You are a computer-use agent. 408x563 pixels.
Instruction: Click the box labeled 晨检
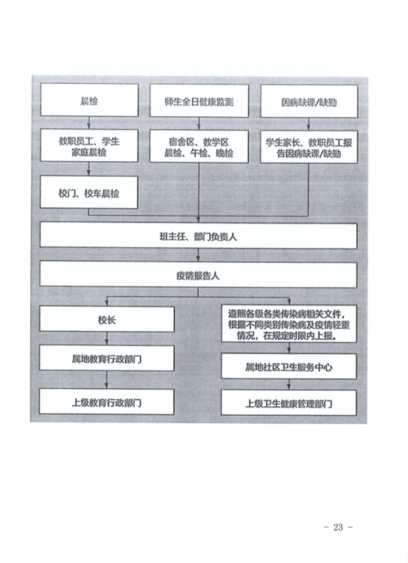coord(89,100)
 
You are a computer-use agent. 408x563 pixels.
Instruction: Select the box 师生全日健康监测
coord(199,101)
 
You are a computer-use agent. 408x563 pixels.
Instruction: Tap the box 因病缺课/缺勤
coord(309,102)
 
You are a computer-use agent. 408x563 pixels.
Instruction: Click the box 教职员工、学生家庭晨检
coord(89,146)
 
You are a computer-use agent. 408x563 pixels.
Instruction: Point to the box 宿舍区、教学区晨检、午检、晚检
coord(199,146)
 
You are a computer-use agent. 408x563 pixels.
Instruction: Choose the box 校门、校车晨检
coord(88,192)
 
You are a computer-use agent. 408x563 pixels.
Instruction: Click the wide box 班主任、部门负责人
coord(198,236)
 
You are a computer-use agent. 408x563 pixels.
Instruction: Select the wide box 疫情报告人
coord(198,275)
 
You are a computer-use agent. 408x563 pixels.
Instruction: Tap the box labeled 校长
coord(107,319)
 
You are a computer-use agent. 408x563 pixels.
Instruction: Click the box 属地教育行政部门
coord(107,358)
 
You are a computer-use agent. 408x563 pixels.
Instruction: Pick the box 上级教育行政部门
coord(107,401)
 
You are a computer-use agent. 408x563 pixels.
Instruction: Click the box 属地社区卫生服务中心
coord(289,366)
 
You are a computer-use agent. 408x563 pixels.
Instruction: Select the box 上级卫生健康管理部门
coord(289,403)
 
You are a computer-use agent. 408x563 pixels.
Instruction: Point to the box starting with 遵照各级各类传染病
coord(289,324)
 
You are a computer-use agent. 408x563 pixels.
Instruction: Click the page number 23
coord(338,527)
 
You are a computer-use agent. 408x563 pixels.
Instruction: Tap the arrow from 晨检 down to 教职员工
coord(89,123)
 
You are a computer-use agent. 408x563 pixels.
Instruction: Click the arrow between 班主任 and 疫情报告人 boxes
coord(198,255)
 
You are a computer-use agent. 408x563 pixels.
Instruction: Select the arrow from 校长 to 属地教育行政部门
coord(107,339)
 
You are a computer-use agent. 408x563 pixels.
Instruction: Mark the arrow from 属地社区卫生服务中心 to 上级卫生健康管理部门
coord(289,384)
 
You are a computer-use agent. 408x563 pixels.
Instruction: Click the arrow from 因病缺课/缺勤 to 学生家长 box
coord(309,124)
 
